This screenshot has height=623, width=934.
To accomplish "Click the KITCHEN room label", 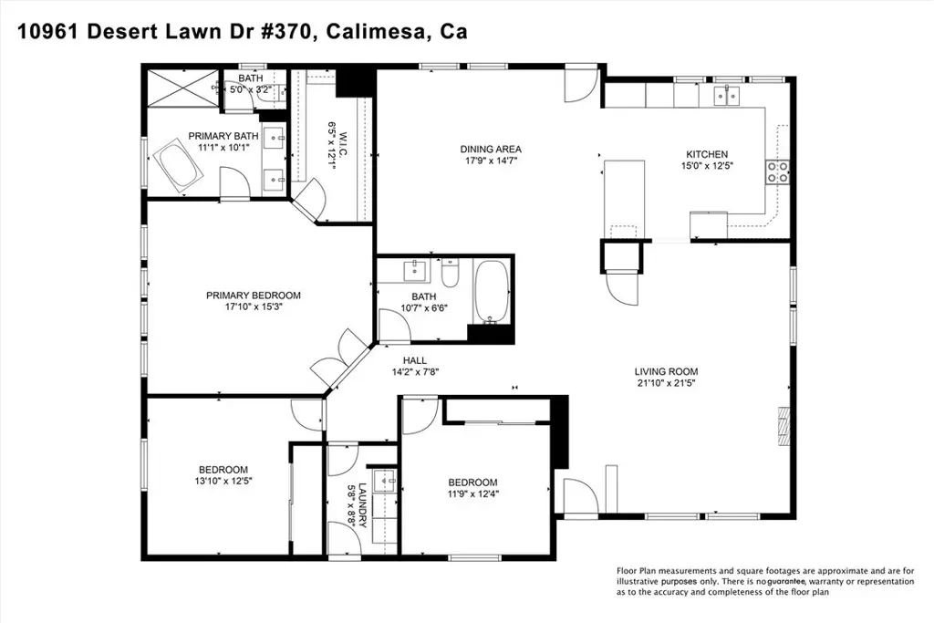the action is (x=707, y=154).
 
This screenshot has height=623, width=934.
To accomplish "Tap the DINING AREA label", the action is (x=491, y=149).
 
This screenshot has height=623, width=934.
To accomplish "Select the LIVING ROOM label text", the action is (x=666, y=371).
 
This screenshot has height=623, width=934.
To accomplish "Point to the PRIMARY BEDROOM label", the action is (x=254, y=296).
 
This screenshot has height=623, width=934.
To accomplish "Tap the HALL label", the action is (x=415, y=360).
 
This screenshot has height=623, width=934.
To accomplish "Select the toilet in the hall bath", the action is (x=450, y=272).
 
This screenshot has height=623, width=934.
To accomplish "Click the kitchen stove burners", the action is (x=777, y=171).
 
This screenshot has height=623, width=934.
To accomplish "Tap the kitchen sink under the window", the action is (x=727, y=95).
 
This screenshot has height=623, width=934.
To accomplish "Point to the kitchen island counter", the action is (x=624, y=199).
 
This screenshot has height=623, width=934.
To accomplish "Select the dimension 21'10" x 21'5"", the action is (x=666, y=383).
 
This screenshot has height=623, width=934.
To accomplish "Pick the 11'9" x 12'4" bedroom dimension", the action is (x=473, y=493).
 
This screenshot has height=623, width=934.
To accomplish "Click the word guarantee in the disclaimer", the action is (x=786, y=581).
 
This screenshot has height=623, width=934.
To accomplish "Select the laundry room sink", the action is (x=385, y=480).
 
